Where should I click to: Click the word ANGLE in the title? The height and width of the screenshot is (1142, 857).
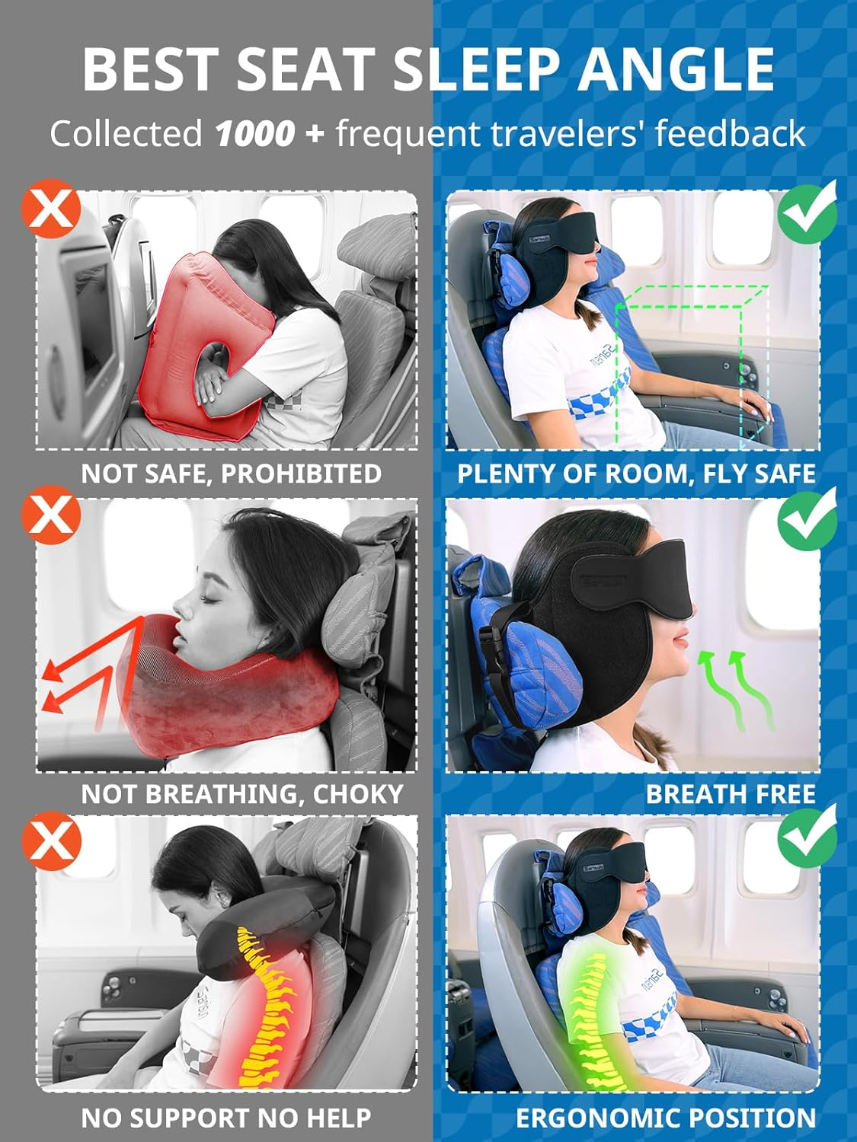pyautogui.click(x=676, y=69)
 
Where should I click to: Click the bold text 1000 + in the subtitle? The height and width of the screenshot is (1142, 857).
pyautogui.click(x=269, y=134)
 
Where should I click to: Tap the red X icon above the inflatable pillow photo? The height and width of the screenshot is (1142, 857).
pyautogui.click(x=51, y=208)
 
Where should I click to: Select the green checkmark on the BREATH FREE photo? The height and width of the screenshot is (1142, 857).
pyautogui.click(x=807, y=518)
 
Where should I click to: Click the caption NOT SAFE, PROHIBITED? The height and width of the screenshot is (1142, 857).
pyautogui.click(x=231, y=474)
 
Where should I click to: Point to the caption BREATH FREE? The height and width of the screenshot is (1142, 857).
pyautogui.click(x=730, y=794)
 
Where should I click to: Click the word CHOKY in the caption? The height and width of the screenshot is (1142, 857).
pyautogui.click(x=357, y=794)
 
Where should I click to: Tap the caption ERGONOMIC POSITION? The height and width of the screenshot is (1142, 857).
pyautogui.click(x=665, y=1118)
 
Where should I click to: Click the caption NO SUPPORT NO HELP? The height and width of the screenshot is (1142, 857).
pyautogui.click(x=226, y=1118)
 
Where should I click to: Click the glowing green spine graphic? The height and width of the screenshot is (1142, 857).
pyautogui.click(x=590, y=1013)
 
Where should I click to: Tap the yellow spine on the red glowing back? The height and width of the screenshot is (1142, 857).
pyautogui.click(x=263, y=1005)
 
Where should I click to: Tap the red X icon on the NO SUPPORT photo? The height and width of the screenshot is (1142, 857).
pyautogui.click(x=51, y=840)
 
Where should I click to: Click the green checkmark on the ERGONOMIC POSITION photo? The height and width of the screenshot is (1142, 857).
pyautogui.click(x=807, y=837)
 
